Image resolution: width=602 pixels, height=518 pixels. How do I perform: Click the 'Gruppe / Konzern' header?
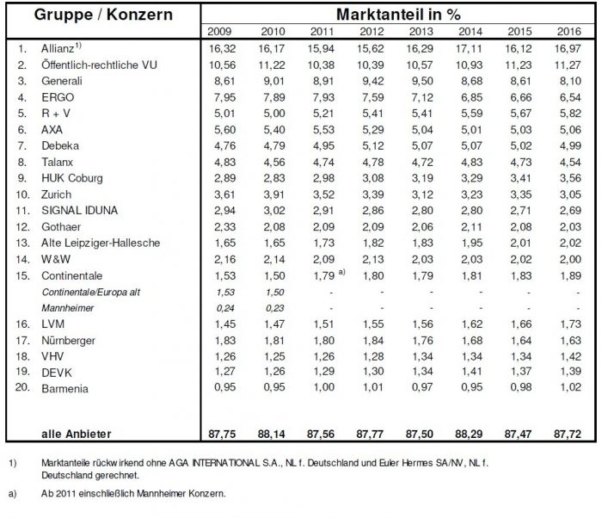(x=101, y=14)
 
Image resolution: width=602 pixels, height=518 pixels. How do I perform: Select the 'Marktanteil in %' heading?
(x=398, y=14)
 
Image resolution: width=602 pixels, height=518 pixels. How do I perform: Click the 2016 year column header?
(x=565, y=31)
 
